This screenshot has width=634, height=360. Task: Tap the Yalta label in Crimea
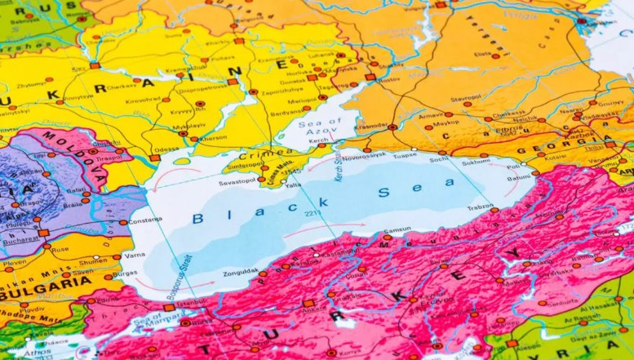[x=292, y=184]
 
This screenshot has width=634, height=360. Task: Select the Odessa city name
[x=166, y=149]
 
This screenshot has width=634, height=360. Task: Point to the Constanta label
[x=145, y=221]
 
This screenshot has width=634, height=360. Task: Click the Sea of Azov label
[x=313, y=127]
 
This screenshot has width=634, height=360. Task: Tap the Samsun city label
[x=397, y=230]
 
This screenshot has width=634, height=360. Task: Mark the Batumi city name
[x=520, y=178]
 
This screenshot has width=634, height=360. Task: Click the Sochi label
[x=440, y=160]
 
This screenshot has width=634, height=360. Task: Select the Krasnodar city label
[x=371, y=127]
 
